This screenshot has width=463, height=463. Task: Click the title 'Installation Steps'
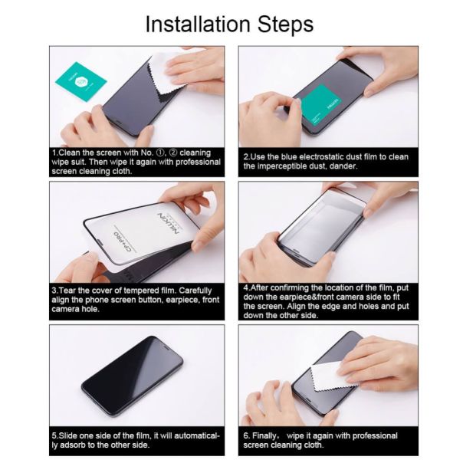coord(229,24)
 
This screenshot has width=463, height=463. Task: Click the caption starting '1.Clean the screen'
coord(136,162)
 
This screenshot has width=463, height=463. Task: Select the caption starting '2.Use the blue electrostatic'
coord(326,161)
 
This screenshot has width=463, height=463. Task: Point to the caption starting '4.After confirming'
coord(329,302)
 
